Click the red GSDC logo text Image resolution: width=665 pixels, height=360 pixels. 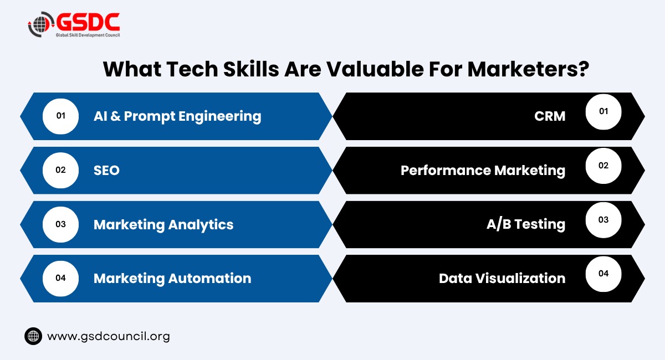(88, 22)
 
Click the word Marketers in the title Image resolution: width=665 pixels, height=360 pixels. (528, 69)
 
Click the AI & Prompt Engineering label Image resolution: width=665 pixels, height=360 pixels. (177, 116)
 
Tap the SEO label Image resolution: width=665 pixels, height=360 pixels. (106, 171)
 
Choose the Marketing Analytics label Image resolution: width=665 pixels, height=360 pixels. (163, 225)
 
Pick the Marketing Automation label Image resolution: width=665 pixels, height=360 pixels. (172, 279)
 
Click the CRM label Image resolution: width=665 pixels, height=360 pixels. (550, 116)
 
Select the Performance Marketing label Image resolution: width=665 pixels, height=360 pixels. (483, 171)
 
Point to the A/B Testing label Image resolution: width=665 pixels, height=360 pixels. (526, 224)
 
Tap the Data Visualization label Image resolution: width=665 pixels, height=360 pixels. (502, 279)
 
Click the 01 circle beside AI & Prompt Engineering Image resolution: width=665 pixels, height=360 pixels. (60, 116)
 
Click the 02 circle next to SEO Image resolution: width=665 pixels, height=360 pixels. (60, 171)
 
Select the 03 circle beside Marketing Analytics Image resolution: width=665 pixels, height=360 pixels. (60, 224)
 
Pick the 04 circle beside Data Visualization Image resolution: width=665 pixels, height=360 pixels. (603, 274)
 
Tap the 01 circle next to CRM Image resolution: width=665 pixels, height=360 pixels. (603, 112)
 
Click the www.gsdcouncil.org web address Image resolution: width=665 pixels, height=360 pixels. (109, 337)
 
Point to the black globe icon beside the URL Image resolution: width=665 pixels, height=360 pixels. (33, 336)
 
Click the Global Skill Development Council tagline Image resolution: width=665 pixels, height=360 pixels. (88, 35)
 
